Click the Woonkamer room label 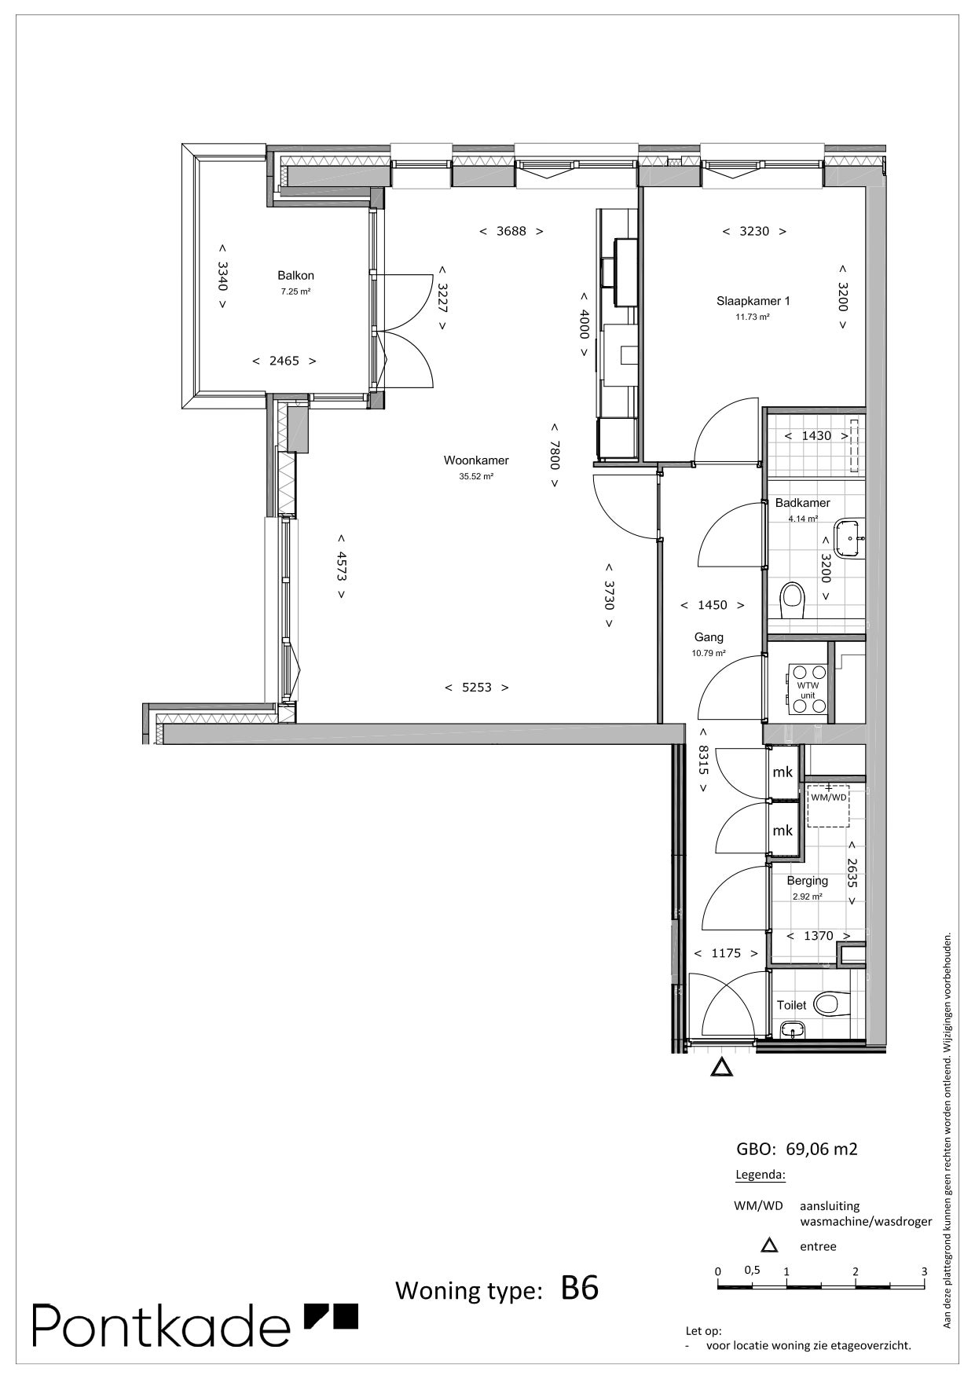pos(476,460)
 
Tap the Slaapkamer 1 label pos(753,301)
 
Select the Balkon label pos(295,276)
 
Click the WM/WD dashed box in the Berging pos(828,805)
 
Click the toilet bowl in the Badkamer pos(793,601)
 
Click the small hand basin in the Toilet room pos(792,1029)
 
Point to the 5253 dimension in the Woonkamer pos(477,688)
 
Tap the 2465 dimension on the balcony pos(284,361)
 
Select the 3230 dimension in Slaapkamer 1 pos(754,232)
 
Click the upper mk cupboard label pos(783,772)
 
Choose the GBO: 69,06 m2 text pos(797,1150)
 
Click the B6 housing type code pos(580,1289)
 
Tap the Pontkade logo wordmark pos(161,1326)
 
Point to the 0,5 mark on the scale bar pos(752,1270)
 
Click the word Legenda pos(760,1175)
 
